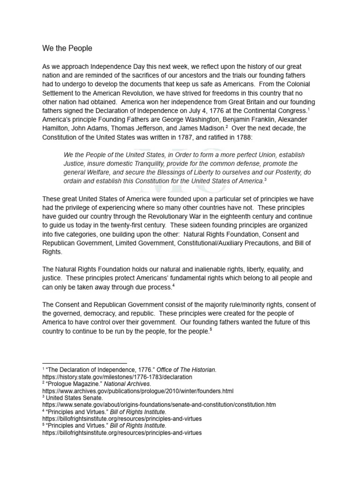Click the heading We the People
[x=67, y=48]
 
